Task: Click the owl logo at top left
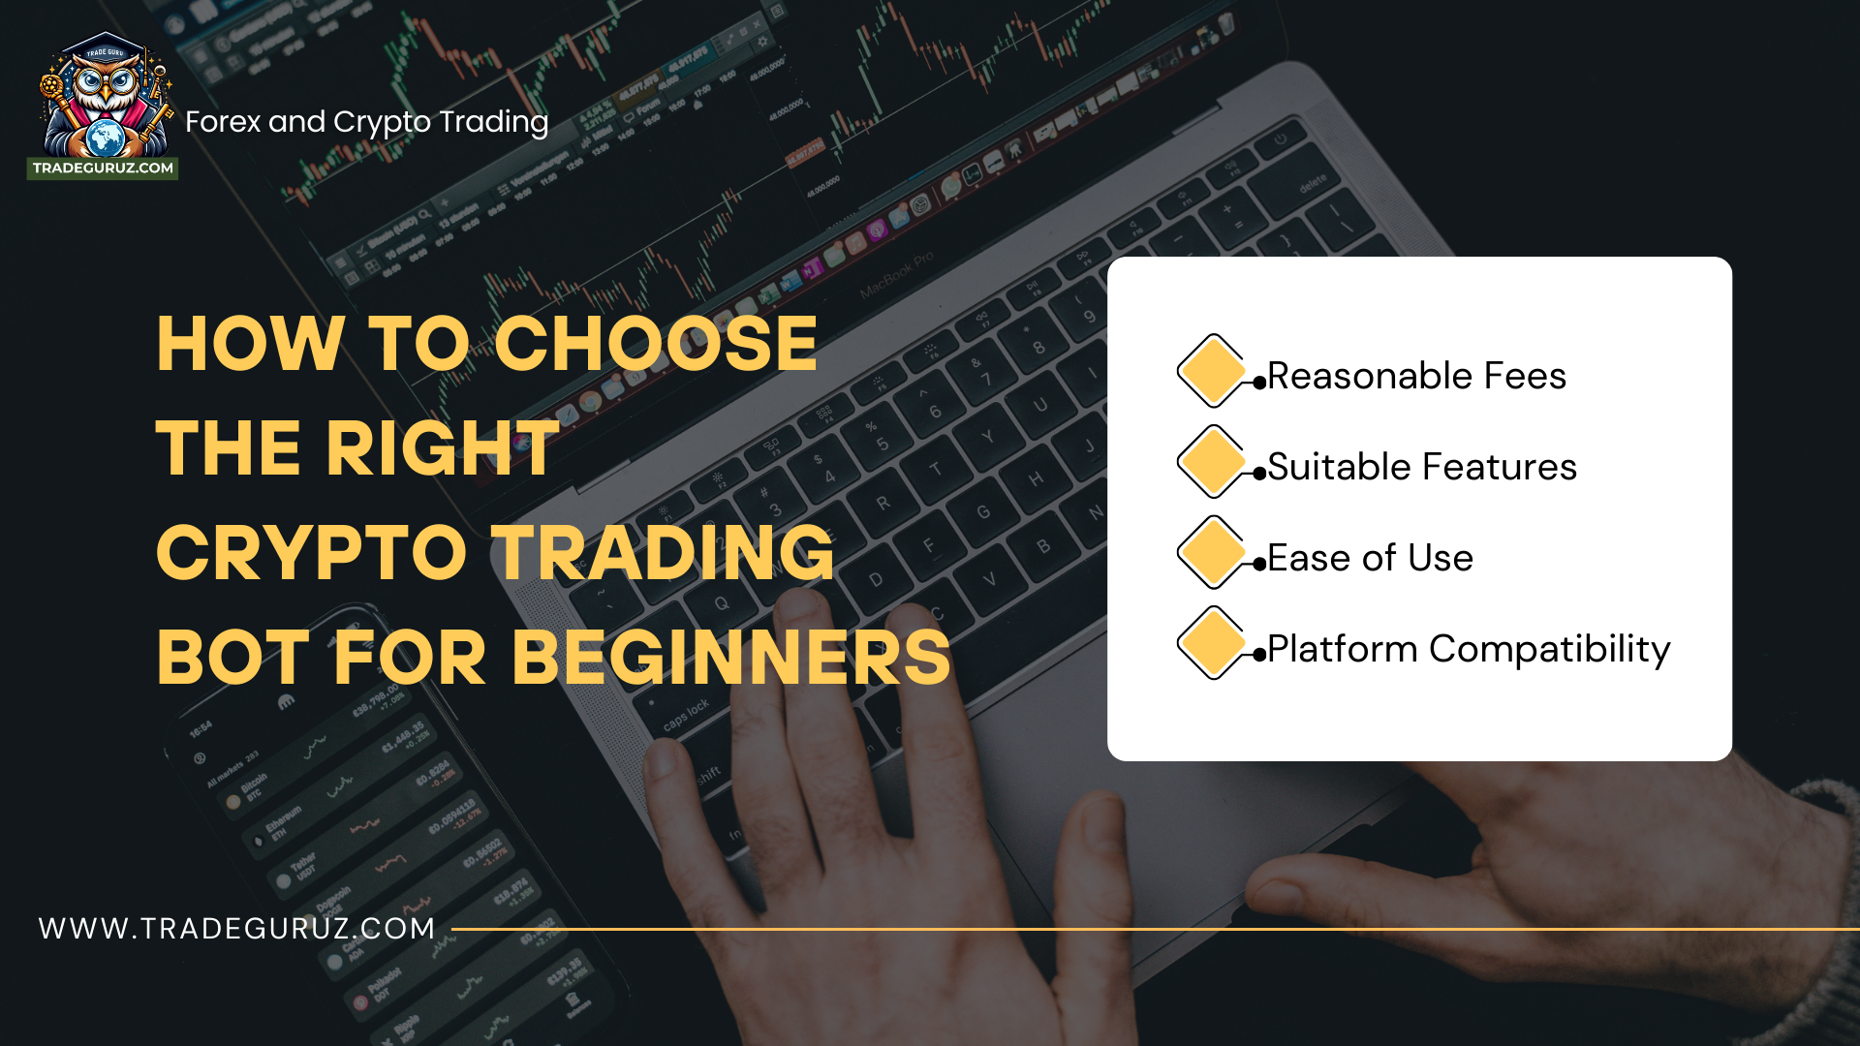[x=105, y=97]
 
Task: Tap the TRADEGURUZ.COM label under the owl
[x=103, y=169]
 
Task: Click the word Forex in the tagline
[x=223, y=122]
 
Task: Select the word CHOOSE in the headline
[x=656, y=344]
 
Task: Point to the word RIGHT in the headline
[x=442, y=448]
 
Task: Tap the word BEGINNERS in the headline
[x=731, y=658]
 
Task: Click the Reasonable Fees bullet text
[x=1415, y=376]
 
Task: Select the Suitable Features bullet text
[x=1421, y=467]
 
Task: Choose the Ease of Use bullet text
[x=1370, y=558]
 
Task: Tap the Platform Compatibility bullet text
[x=1468, y=649]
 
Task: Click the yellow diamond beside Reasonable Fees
[x=1211, y=371]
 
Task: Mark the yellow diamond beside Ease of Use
[x=1211, y=553]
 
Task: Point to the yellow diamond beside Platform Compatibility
[x=1211, y=643]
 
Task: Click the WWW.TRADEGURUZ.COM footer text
[x=237, y=928]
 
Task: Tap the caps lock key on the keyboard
[x=686, y=716]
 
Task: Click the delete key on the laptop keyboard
[x=1313, y=184]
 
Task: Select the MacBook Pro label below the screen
[x=896, y=274]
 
